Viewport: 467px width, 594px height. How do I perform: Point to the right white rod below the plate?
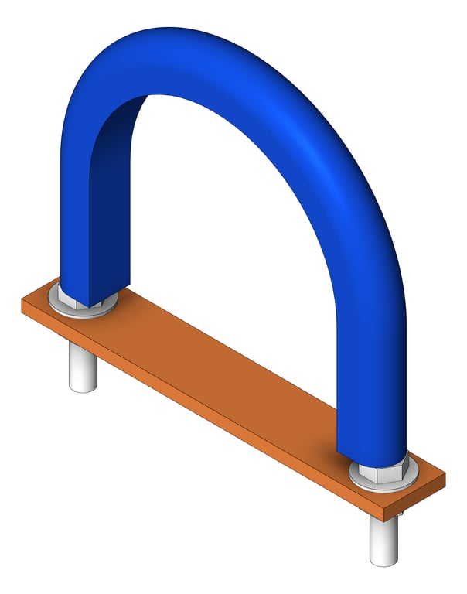[383, 538]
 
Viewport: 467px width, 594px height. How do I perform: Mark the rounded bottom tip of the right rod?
[383, 561]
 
